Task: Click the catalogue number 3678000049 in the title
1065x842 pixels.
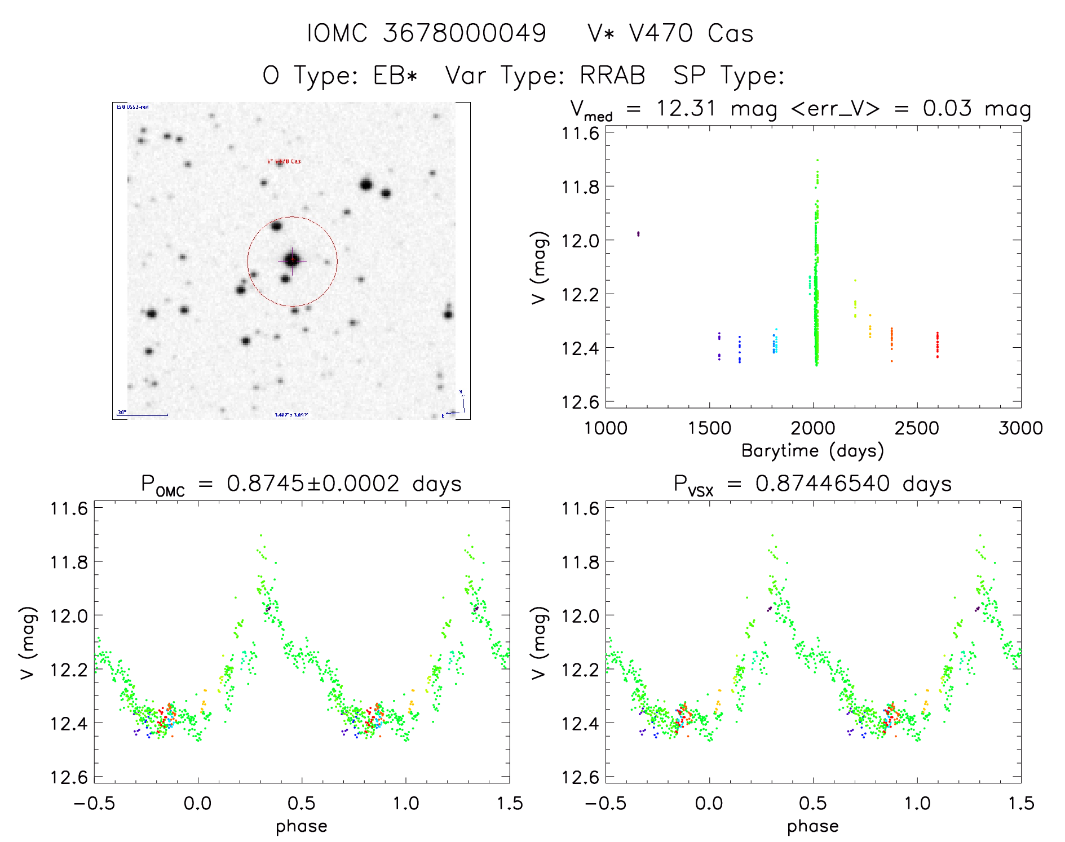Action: pyautogui.click(x=465, y=33)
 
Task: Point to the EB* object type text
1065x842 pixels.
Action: pyautogui.click(x=395, y=76)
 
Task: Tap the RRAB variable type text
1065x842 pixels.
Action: pyautogui.click(x=612, y=76)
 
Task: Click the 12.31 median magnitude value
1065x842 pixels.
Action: pyautogui.click(x=686, y=108)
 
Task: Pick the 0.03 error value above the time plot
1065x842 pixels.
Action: pyautogui.click(x=947, y=108)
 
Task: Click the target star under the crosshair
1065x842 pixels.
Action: pyautogui.click(x=292, y=260)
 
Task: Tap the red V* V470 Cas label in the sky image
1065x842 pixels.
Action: pyautogui.click(x=284, y=162)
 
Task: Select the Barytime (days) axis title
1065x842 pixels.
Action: pyautogui.click(x=812, y=451)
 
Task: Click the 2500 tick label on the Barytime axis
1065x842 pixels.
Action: pyautogui.click(x=917, y=428)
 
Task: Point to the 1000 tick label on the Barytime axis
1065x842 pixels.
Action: pyautogui.click(x=606, y=428)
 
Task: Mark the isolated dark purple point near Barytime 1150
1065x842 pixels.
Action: pyautogui.click(x=638, y=233)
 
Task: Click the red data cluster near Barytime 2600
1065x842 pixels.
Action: pyautogui.click(x=938, y=344)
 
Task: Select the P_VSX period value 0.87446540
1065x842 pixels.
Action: pyautogui.click(x=823, y=484)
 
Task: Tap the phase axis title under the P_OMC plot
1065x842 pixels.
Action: pyautogui.click(x=302, y=826)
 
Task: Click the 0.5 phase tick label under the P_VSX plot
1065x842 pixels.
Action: pyautogui.click(x=813, y=803)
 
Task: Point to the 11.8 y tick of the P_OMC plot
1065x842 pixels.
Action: pyautogui.click(x=69, y=562)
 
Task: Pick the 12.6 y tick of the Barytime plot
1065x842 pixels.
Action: pyautogui.click(x=580, y=402)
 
